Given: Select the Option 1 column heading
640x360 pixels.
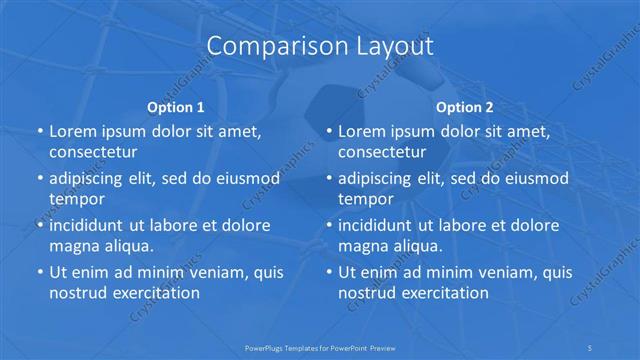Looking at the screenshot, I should [x=176, y=106].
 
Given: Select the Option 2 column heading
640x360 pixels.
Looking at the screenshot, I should [x=465, y=106].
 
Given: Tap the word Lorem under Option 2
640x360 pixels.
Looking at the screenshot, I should [x=363, y=132].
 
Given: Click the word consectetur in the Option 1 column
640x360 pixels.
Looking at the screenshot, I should [x=93, y=153].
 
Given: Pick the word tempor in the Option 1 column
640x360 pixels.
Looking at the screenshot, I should [x=75, y=199].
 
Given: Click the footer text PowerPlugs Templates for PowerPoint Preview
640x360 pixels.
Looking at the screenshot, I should [x=320, y=348].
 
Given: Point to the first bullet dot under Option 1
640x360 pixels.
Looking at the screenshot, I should [x=39, y=132].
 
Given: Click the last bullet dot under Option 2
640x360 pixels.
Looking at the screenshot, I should [x=328, y=272].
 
